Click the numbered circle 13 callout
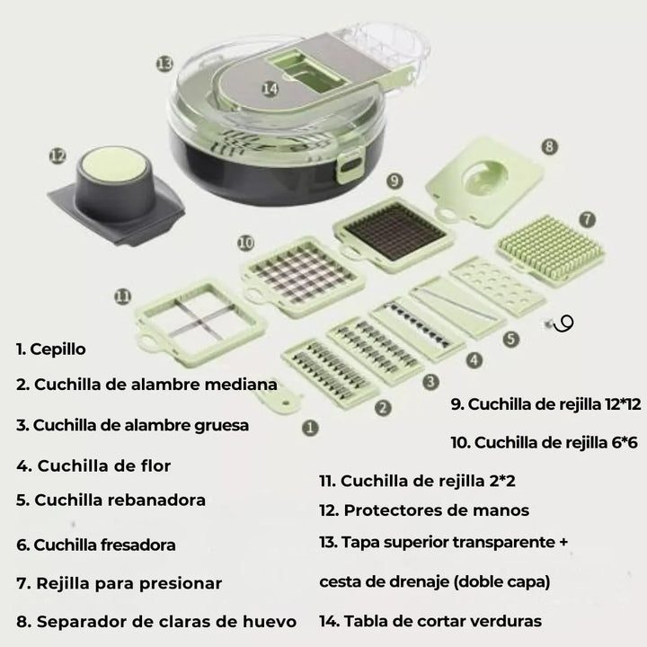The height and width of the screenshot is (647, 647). coord(164,63)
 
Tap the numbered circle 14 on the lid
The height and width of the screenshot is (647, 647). coord(270,88)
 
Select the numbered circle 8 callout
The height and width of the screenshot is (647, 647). coord(549,145)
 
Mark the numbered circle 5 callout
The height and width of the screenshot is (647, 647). coord(510,340)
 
